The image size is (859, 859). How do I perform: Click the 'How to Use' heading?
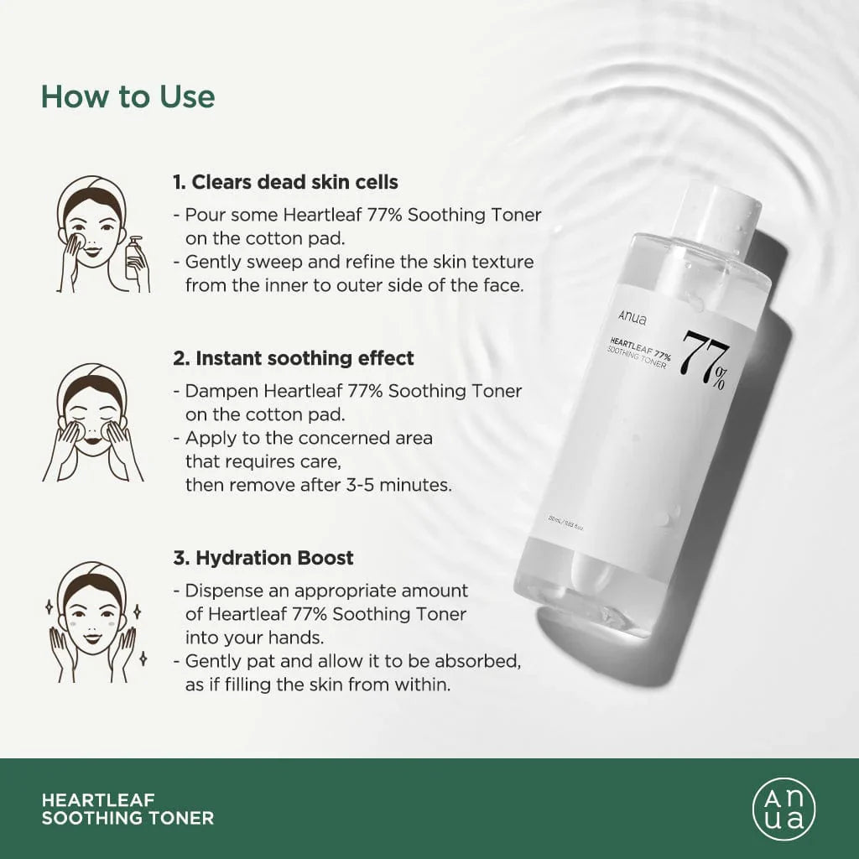click(128, 96)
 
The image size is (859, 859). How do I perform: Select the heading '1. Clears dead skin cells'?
click(285, 182)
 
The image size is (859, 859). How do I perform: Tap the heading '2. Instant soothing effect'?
click(294, 358)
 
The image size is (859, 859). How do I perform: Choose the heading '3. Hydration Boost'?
click(263, 558)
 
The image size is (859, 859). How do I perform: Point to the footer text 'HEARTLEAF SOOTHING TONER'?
click(128, 809)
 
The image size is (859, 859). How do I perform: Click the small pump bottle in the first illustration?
click(136, 260)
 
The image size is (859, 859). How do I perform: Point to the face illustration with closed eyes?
click(92, 424)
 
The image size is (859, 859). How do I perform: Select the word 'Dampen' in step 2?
click(220, 391)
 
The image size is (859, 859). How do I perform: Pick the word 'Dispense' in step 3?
click(224, 591)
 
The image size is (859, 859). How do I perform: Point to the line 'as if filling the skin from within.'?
click(318, 685)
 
